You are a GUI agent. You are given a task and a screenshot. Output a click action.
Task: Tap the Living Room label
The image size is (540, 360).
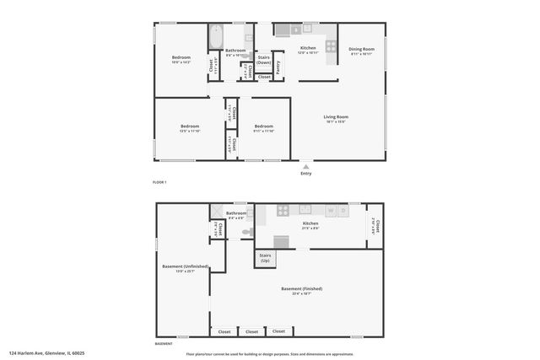coord(336,118)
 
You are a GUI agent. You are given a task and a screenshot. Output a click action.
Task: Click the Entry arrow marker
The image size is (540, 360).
coord(305,167)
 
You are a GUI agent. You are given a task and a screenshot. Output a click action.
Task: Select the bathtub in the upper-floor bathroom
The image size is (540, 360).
coord(215,37)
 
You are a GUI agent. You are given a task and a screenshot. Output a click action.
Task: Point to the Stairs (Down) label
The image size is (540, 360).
coord(264,59)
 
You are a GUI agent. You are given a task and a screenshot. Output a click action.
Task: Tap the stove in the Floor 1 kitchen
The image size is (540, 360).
coord(329,47)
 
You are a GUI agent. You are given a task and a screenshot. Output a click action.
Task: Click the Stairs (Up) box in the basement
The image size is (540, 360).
coord(265,258)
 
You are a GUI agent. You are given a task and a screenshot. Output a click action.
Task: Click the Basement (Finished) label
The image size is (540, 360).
coord(307,290)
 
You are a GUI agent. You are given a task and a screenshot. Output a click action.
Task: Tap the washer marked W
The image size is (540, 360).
coord(332,210)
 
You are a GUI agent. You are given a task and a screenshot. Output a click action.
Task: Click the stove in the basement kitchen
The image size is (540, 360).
coord(283,211)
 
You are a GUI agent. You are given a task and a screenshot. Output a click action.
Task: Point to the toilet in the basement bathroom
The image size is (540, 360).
coord(247,232)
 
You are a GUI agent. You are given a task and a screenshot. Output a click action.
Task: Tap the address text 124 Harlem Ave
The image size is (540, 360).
coord(46,353)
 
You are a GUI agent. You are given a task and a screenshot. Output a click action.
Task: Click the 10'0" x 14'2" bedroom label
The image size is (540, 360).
coord(181,59)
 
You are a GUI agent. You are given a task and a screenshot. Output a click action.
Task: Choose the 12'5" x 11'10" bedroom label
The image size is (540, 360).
coord(189,128)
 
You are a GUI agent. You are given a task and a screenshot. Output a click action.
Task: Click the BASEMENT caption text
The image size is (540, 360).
coord(164,344)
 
